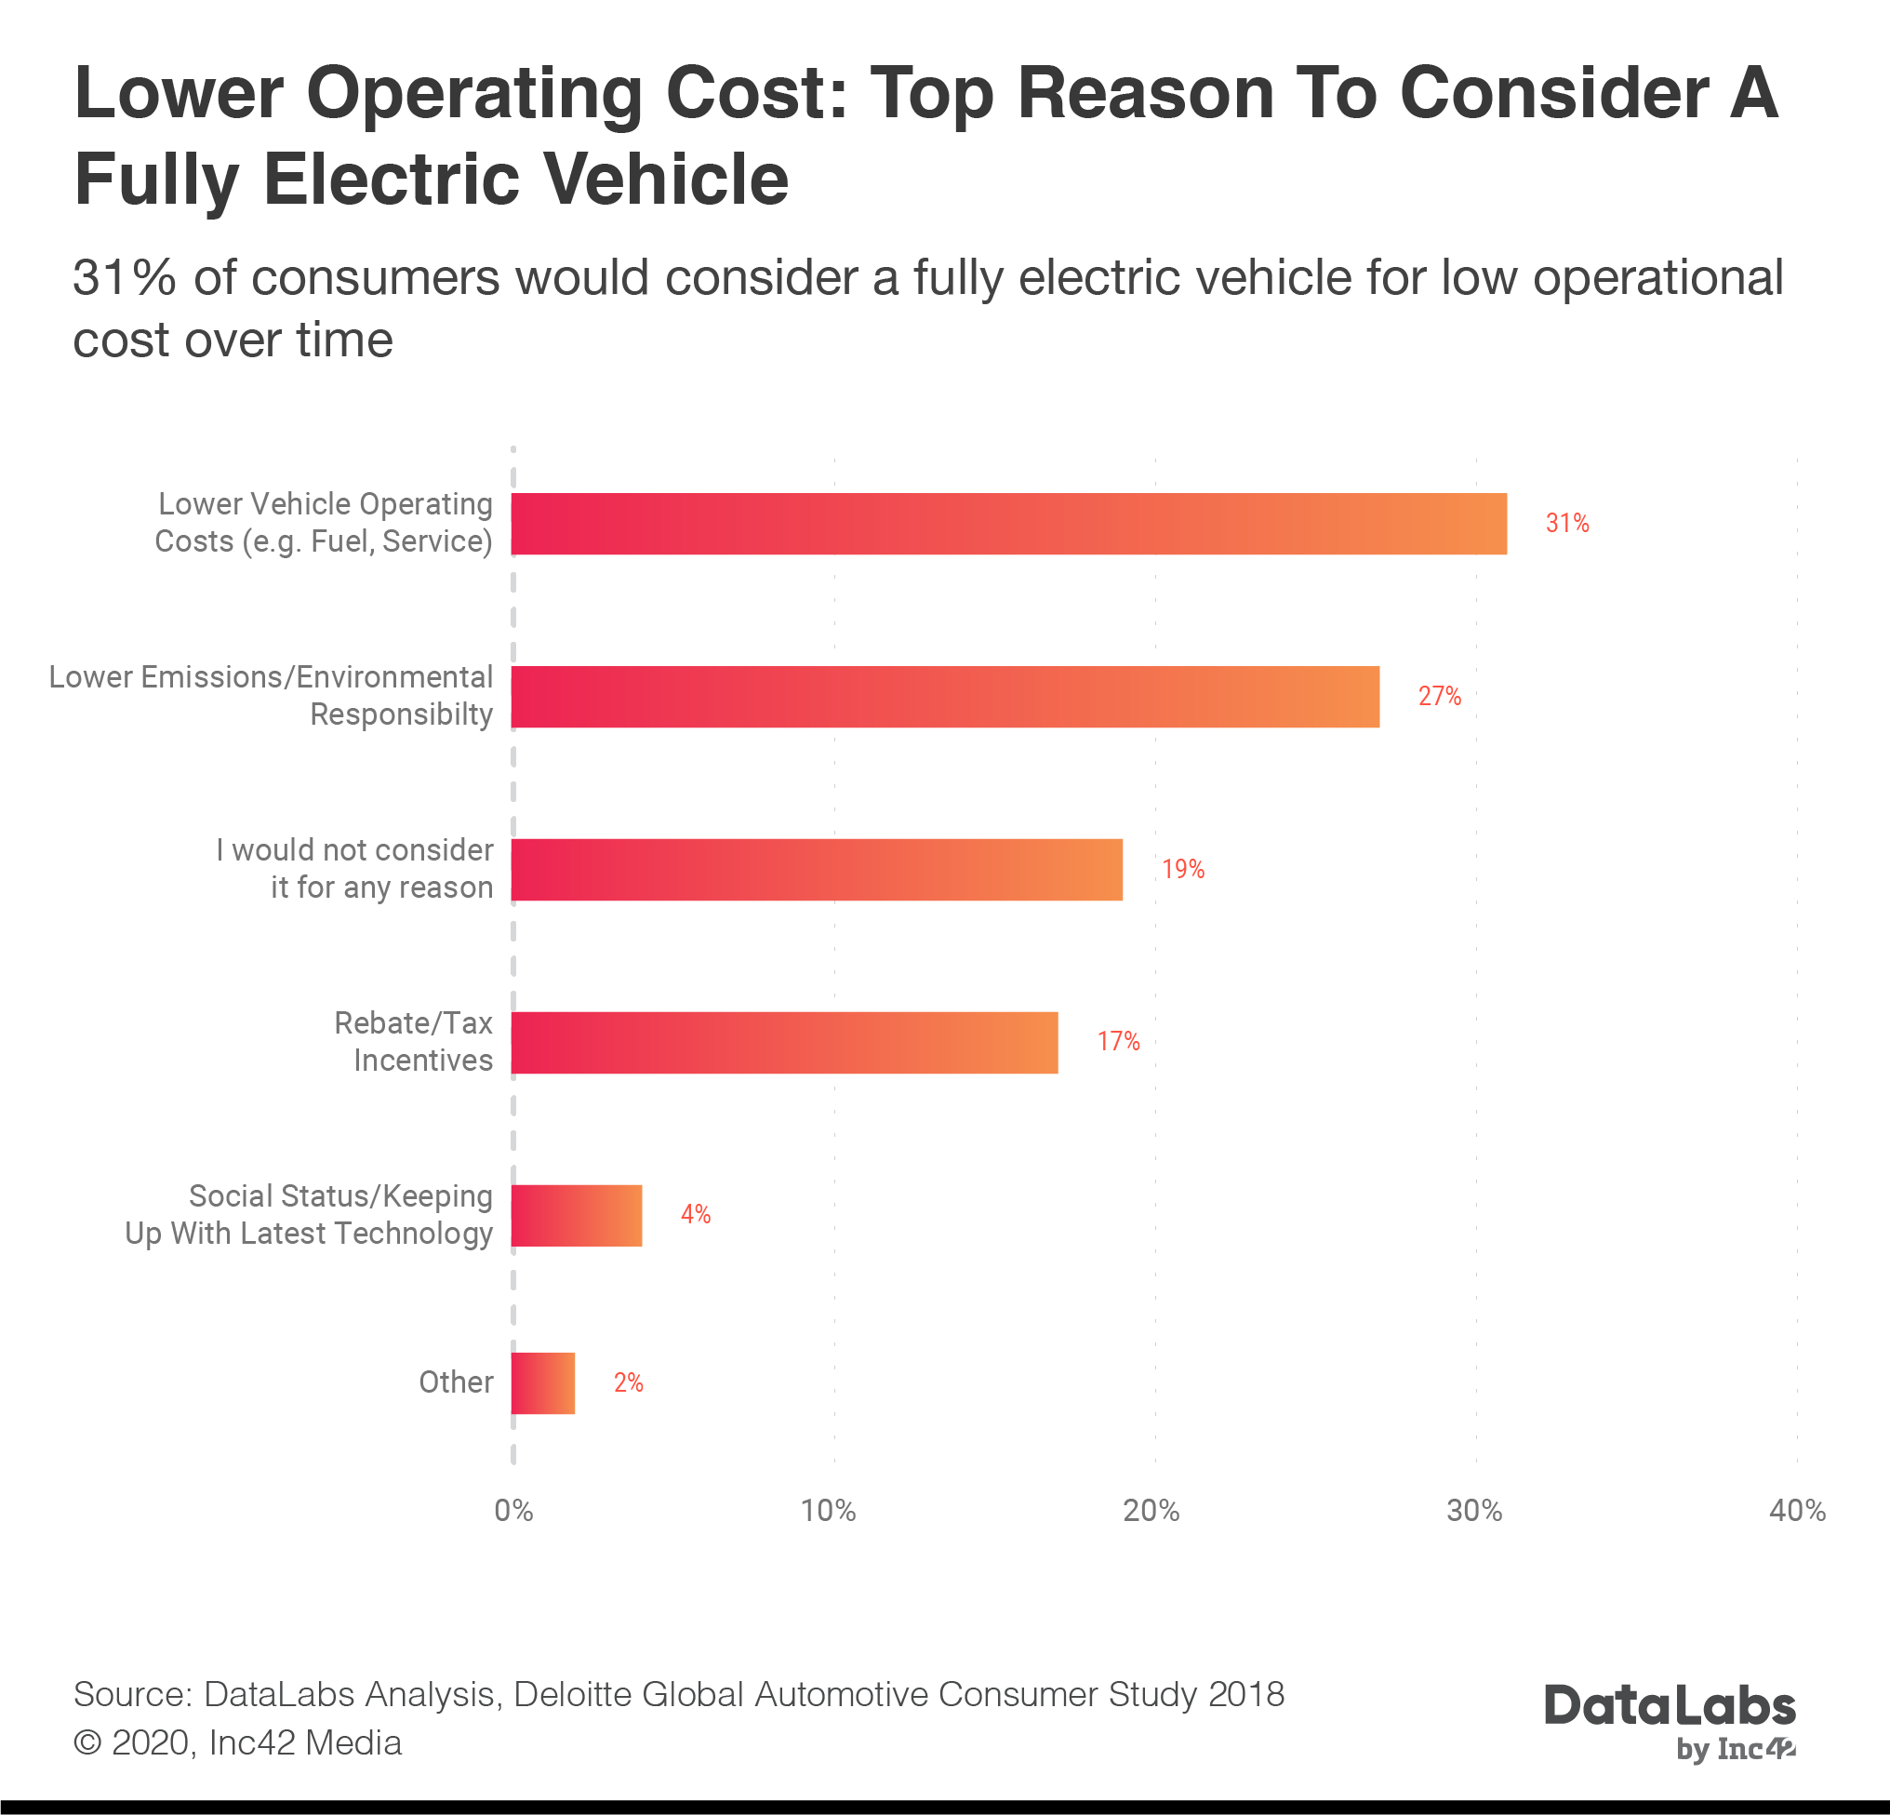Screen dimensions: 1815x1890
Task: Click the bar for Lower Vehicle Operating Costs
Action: point(1008,524)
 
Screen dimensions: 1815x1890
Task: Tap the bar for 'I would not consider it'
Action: point(817,869)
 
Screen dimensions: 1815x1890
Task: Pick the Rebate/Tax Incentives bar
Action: point(784,1042)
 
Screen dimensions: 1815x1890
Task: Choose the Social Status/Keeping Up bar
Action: point(577,1214)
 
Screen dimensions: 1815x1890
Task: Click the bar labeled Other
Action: point(543,1383)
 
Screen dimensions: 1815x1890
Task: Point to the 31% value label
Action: point(1567,524)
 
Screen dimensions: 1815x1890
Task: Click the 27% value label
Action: point(1439,696)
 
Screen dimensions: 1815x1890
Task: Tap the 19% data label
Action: point(1182,869)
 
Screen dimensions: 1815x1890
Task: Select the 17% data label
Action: point(1118,1042)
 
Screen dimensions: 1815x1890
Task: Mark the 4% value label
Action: point(695,1214)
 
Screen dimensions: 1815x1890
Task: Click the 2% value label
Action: point(628,1383)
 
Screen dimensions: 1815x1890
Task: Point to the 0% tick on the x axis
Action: point(513,1510)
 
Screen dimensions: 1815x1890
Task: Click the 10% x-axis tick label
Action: point(829,1510)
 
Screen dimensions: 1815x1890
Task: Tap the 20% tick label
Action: point(1151,1510)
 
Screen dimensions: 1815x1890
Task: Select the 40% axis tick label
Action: point(1796,1510)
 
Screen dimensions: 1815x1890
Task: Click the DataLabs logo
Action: point(1670,1722)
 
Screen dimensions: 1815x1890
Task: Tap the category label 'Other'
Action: point(455,1383)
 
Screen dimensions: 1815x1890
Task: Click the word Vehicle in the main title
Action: point(665,180)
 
